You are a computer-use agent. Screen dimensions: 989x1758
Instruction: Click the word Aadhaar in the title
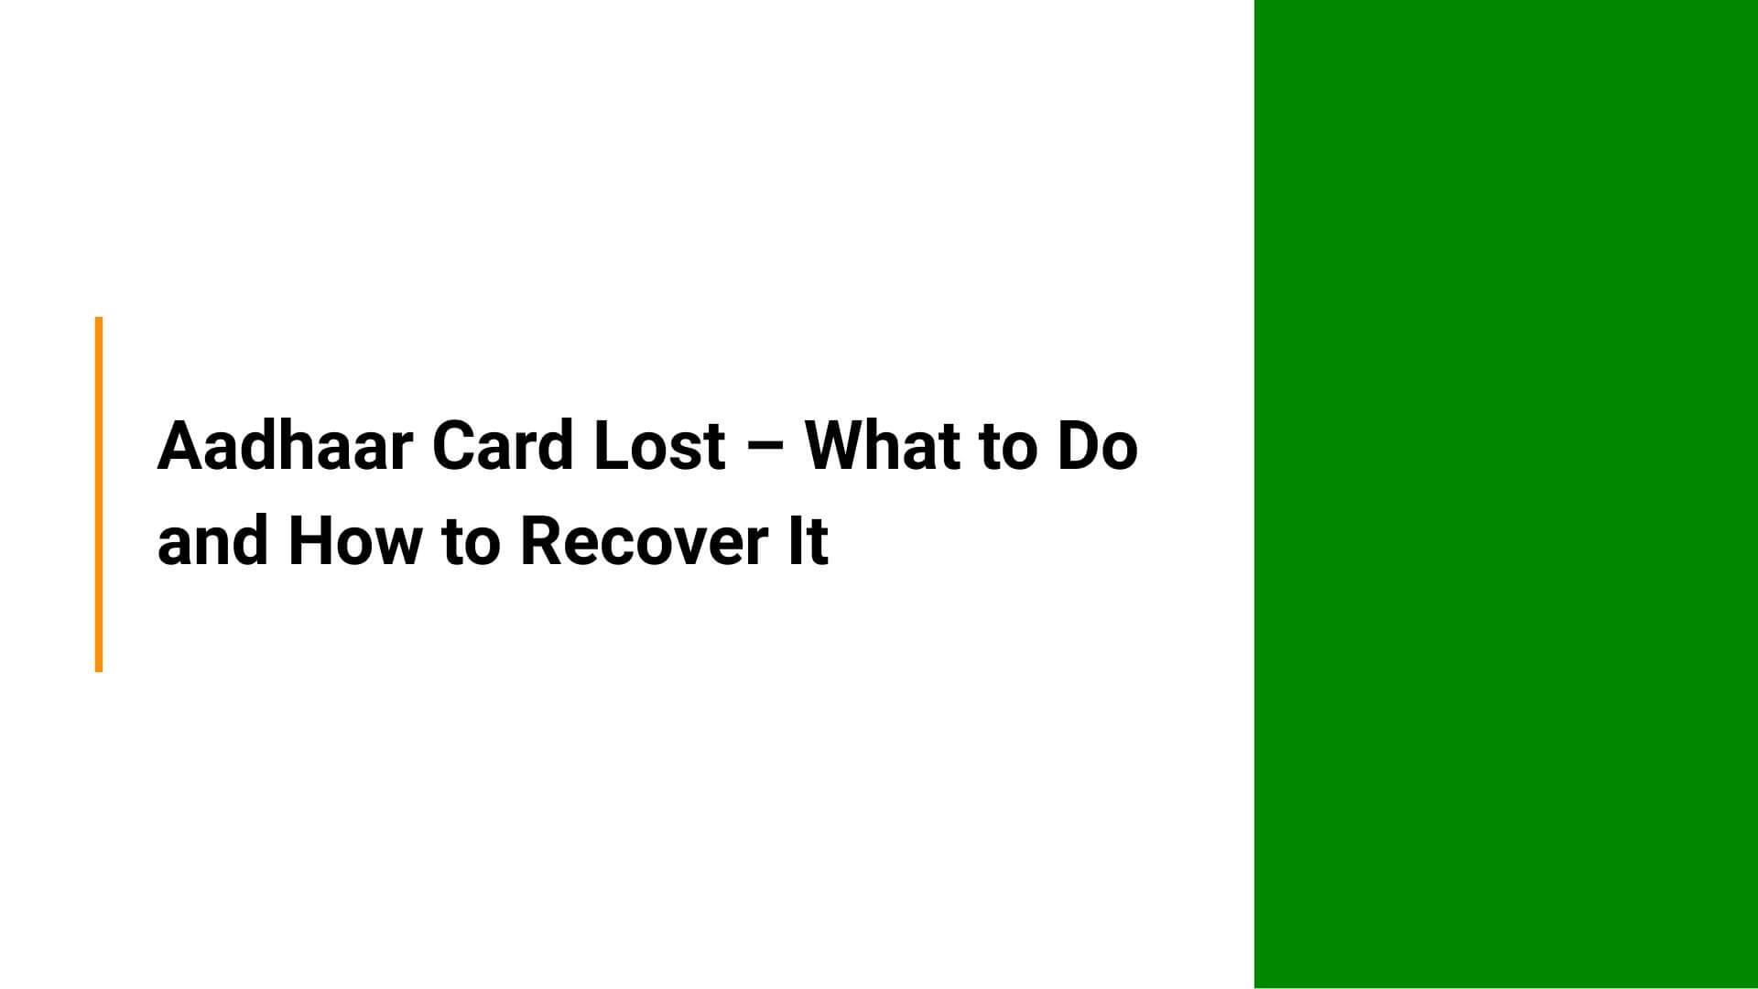285,446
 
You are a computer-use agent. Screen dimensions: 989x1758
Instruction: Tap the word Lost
659,446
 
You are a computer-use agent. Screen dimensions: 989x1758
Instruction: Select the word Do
1098,446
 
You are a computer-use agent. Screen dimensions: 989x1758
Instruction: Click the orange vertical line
99,494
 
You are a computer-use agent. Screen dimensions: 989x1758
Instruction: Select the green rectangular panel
1505,494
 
